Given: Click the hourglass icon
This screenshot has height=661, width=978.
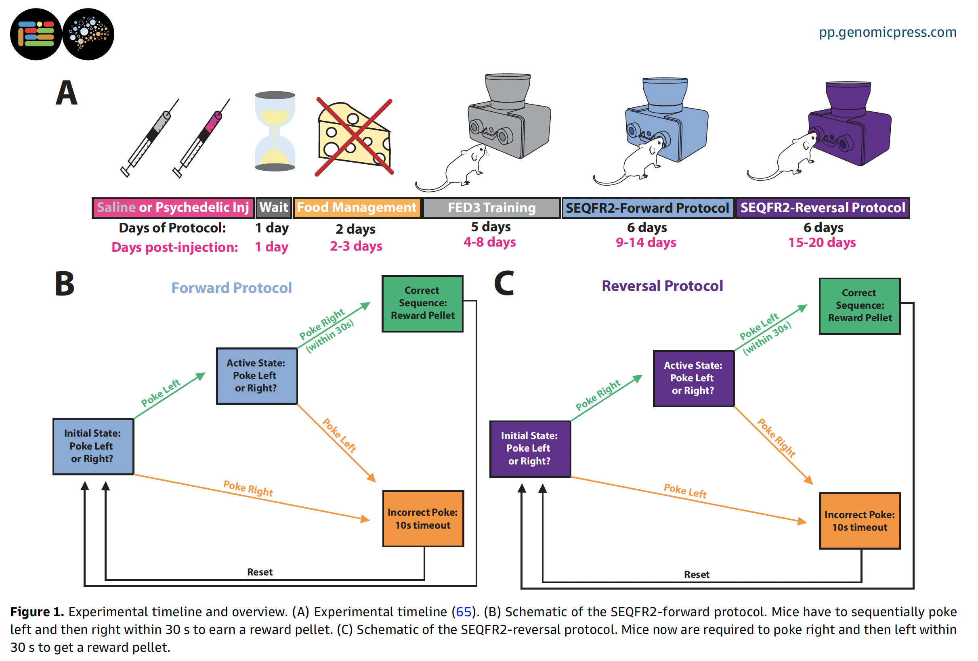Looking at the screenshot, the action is [275, 131].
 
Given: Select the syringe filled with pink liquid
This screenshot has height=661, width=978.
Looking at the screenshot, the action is [201, 138].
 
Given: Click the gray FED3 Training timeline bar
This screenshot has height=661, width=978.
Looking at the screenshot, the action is [491, 208].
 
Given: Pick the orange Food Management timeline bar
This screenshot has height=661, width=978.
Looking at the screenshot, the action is [357, 208].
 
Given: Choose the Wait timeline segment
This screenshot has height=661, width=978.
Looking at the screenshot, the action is [273, 208].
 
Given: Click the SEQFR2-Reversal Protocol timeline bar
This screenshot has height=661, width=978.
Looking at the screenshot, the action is [822, 208].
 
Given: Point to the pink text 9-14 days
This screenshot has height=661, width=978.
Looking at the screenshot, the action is [646, 243].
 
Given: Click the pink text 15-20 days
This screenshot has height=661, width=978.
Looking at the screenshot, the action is [822, 243].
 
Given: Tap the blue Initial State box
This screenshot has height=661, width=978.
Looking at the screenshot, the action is [93, 447].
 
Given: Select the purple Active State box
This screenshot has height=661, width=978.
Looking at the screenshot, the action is [693, 379].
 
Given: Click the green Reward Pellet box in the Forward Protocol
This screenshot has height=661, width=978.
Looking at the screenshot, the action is [422, 303].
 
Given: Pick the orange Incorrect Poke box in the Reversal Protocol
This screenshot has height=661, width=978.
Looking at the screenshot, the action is [860, 521].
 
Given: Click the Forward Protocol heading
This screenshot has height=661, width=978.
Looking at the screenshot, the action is [231, 288].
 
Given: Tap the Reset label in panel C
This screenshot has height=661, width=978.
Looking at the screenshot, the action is [697, 575].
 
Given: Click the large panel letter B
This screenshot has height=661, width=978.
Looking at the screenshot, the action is [64, 284].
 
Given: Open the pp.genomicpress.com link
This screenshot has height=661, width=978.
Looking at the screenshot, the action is [888, 32].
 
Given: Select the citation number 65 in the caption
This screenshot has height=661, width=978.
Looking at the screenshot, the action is [463, 612].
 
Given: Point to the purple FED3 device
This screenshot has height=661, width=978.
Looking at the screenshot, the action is [849, 123].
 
